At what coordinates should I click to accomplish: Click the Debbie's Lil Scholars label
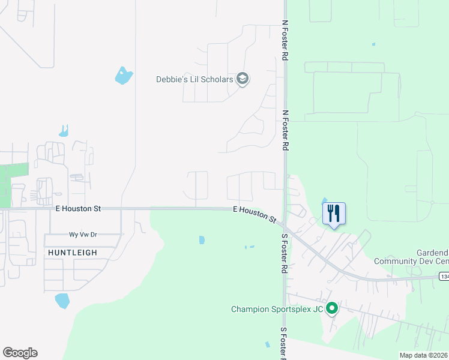195,79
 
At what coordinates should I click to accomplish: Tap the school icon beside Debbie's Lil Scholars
243,79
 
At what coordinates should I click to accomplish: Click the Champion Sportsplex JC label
277,310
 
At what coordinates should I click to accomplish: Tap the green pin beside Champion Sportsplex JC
331,310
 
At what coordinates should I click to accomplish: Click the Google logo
20,353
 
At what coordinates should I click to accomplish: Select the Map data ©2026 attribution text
423,355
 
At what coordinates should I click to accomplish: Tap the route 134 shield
444,277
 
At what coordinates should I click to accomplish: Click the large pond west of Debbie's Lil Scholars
124,76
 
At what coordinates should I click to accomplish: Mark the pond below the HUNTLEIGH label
62,300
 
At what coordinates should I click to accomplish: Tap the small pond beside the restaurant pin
325,201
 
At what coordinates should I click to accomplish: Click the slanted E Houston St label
254,215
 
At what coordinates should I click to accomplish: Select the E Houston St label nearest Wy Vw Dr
77,209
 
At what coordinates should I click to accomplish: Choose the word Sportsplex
292,310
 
